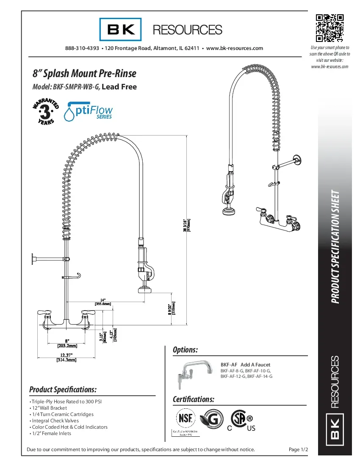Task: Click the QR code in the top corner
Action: [x=330, y=28]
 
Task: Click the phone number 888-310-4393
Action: [x=82, y=48]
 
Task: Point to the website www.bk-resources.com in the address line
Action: [x=234, y=48]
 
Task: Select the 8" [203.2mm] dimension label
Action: [x=67, y=343]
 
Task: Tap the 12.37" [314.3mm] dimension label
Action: [x=66, y=357]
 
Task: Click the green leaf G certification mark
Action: [x=212, y=419]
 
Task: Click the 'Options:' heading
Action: [x=186, y=350]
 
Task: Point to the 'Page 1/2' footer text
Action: [x=298, y=449]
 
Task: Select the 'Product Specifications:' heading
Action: [x=63, y=389]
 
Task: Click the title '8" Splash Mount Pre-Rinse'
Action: [x=84, y=73]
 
